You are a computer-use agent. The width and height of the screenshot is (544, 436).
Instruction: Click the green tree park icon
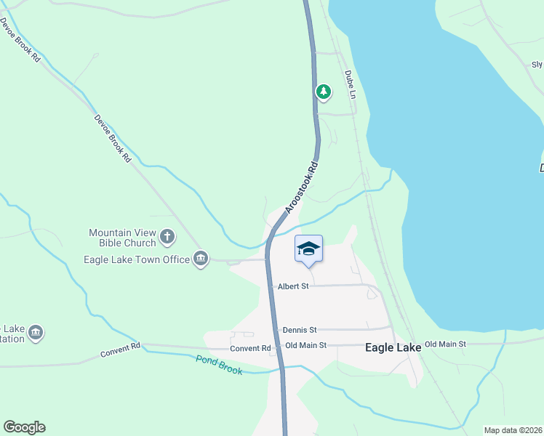(x=323, y=92)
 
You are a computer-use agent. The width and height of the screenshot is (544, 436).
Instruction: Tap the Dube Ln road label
(x=350, y=84)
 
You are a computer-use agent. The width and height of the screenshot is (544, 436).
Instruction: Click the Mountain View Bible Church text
(x=122, y=238)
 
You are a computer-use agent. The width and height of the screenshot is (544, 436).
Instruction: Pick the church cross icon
(x=167, y=235)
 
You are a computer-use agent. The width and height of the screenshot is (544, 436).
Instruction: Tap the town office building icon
(x=201, y=259)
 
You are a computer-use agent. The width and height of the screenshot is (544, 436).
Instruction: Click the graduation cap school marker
(x=308, y=249)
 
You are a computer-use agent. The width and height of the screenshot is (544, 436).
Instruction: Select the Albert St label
(x=293, y=286)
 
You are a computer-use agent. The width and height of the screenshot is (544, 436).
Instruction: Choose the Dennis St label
(x=300, y=330)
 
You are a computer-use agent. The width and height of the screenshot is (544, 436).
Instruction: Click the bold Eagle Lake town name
(x=393, y=348)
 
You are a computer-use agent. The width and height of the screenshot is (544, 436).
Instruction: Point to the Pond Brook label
(x=218, y=360)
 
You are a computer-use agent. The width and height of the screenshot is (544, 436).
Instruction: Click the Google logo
(x=24, y=427)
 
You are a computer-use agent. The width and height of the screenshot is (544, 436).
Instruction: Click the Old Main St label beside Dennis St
(x=306, y=345)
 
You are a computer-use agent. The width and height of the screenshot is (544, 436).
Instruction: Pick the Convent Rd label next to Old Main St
(x=250, y=348)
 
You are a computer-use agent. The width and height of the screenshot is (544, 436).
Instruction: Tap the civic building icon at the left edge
(x=36, y=334)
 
